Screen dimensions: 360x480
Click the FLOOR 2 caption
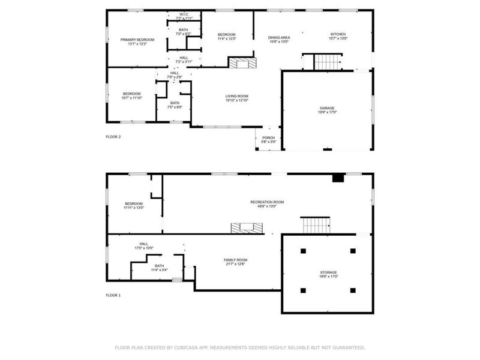point(113,137)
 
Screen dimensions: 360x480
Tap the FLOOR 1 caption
point(113,295)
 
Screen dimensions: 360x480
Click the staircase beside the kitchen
point(328,61)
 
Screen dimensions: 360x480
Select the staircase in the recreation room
point(316,226)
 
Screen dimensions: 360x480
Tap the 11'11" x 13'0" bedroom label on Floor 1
point(134,205)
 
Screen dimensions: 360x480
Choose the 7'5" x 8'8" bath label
point(175,105)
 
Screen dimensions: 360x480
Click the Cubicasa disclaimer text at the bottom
point(239,347)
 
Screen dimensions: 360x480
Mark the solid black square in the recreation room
point(338,177)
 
